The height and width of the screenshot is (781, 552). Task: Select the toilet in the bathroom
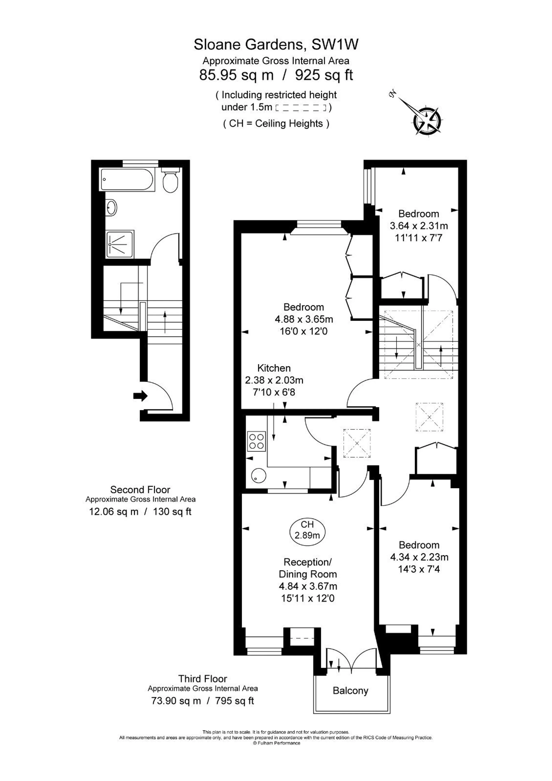pos(171,180)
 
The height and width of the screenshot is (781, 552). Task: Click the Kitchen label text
pos(274,368)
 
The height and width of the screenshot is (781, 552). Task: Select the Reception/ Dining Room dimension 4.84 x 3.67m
pos(308,586)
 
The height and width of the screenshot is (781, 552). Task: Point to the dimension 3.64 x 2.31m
pos(419,226)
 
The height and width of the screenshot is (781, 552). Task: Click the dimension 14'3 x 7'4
pos(419,569)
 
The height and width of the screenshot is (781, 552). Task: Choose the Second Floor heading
pos(140,490)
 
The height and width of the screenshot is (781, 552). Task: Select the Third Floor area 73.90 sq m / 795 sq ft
pos(203,701)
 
